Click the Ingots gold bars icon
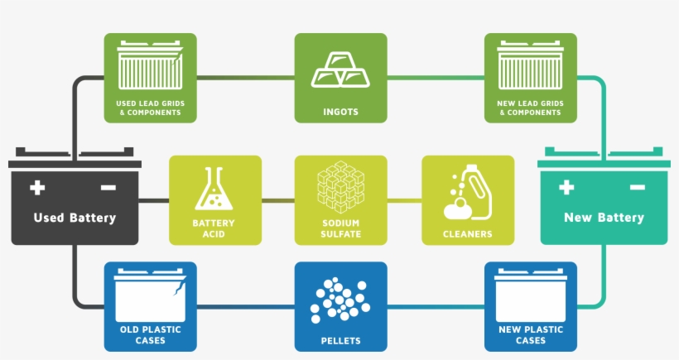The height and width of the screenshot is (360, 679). pos(340,70)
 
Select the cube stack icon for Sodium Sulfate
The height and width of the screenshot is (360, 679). pos(340,187)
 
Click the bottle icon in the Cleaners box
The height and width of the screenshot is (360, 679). pos(467,191)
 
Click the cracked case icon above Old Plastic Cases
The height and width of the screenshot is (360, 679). pos(150,294)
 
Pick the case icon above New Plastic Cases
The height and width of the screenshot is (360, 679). pos(530,295)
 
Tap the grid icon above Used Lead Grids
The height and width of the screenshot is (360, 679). pos(150,67)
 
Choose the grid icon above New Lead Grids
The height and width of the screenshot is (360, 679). pos(530,67)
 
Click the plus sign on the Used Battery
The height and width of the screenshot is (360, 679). pos(37,187)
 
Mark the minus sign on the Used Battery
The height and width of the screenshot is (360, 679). pos(108,188)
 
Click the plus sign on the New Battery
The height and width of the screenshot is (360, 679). pos(566,187)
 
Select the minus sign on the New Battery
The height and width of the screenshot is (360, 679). pos(637,188)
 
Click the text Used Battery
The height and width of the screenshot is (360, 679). pos(75,218)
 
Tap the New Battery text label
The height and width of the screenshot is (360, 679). pos(604,218)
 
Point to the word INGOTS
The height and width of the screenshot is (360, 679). pos(340,112)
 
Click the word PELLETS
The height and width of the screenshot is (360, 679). pos(340,340)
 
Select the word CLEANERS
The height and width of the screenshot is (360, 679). pos(468,234)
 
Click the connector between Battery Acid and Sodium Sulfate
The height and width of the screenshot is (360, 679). pos(278,200)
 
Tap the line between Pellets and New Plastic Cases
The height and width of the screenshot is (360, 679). pos(436,308)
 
